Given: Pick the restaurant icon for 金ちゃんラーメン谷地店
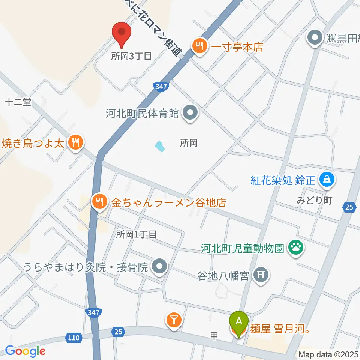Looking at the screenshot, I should pos(99,202).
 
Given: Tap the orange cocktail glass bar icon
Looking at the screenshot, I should pos(174,320).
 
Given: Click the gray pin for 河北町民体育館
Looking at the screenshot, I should pos(190,112).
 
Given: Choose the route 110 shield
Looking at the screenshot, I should pos(73,338).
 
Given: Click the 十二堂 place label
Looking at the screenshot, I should pos(18,102).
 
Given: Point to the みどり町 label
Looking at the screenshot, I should pos(315,201).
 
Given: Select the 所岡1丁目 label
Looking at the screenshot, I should pos(136,235).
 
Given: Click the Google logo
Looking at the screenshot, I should pos(25,351).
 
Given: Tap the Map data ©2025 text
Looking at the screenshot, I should pos(328,354).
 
